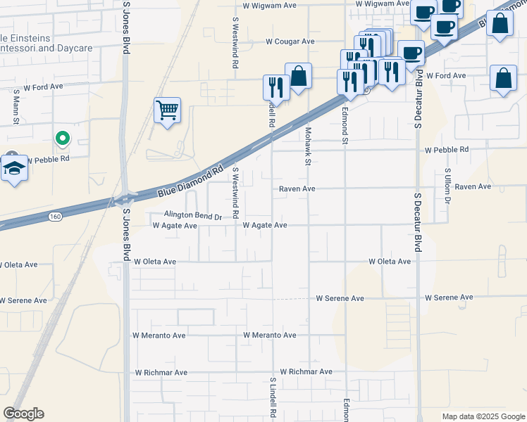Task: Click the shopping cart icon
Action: (167, 110)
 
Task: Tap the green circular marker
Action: (63, 139)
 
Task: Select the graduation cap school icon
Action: (13, 169)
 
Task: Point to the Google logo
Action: (23, 414)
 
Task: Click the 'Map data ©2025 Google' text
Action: (483, 416)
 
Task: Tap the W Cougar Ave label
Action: (290, 41)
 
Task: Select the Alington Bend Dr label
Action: (193, 216)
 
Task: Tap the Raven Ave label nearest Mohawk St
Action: (297, 188)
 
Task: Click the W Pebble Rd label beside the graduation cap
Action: (47, 160)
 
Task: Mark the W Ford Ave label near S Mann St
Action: (44, 89)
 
